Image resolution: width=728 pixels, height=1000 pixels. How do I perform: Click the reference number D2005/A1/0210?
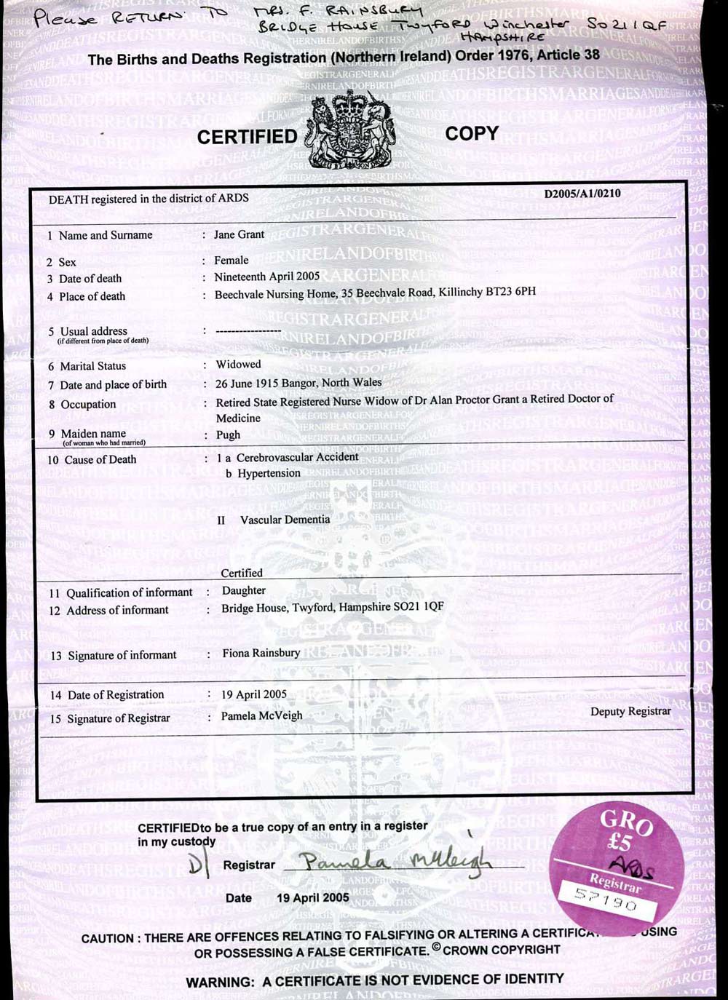(582, 194)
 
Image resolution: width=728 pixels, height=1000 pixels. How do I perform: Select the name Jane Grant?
(239, 234)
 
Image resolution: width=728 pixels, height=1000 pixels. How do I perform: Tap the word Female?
(231, 260)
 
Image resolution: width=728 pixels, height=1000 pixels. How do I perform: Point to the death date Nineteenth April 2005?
(266, 277)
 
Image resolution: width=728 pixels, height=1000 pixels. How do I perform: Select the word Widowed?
(238, 364)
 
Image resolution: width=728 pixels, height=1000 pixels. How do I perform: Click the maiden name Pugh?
(228, 434)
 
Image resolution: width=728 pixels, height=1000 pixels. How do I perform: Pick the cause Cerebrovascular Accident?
(297, 457)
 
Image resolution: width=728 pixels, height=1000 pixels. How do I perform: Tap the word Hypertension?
(269, 473)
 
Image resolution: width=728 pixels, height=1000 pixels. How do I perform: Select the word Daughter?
(243, 590)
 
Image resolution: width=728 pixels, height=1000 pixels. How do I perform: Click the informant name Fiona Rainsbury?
(261, 653)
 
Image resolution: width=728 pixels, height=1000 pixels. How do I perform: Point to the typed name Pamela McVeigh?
(261, 715)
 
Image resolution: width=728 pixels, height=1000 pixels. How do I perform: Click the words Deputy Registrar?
(630, 711)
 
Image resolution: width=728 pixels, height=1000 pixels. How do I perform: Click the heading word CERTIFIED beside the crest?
(247, 137)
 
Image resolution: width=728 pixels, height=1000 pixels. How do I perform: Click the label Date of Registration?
(116, 694)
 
